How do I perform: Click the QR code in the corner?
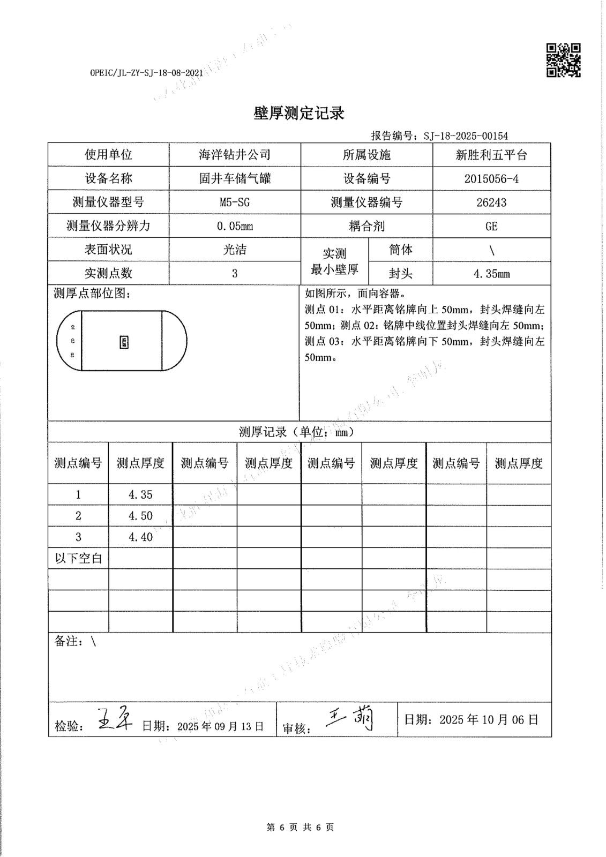click(x=563, y=60)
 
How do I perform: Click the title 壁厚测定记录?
click(x=298, y=113)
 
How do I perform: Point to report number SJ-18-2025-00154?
click(x=465, y=136)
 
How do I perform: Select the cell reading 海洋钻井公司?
click(x=235, y=155)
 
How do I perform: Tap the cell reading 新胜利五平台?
click(x=491, y=155)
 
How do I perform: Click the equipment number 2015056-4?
click(x=491, y=178)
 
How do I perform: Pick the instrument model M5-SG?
click(x=235, y=202)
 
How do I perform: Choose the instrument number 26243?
click(x=491, y=202)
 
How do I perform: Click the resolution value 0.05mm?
click(x=235, y=226)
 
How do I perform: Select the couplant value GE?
click(x=491, y=226)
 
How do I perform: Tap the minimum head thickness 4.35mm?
click(x=491, y=274)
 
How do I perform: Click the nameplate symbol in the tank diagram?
click(x=124, y=342)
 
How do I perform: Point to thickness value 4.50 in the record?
click(x=140, y=516)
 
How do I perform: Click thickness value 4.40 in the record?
click(x=140, y=537)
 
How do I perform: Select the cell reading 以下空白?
click(x=78, y=558)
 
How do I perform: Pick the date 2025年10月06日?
click(x=488, y=719)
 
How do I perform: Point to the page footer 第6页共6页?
click(x=300, y=827)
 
